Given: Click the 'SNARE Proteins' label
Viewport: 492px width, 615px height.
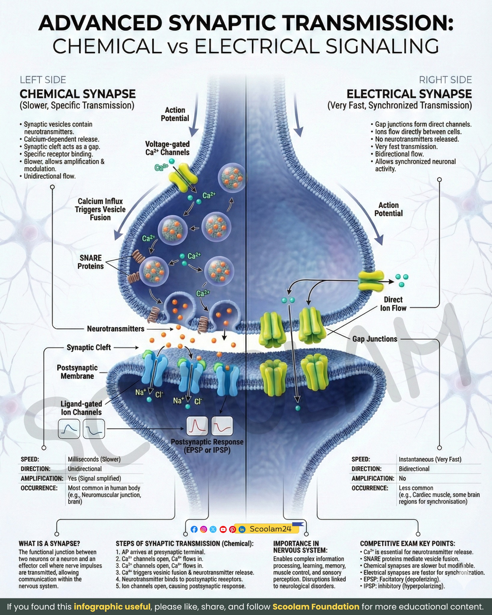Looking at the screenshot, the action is point(90,262).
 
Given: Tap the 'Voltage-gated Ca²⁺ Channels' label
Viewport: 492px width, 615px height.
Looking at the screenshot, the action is point(167,148).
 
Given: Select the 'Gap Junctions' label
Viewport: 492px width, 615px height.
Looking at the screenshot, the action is point(375,339).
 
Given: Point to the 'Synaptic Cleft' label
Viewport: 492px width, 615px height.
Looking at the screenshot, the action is point(89,347).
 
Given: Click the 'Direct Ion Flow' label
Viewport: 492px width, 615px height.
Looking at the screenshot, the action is point(393,304).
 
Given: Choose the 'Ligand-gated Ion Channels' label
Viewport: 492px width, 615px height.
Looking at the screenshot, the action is point(81,408).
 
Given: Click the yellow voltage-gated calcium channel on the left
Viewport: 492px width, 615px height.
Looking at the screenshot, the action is point(184,178).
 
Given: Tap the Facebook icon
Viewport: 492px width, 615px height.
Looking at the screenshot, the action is point(194,529).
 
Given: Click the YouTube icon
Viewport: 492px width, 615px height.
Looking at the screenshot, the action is point(223,529).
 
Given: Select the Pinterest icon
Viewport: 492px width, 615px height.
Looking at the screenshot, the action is point(232,529).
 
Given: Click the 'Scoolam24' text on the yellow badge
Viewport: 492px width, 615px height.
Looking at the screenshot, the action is point(271,529).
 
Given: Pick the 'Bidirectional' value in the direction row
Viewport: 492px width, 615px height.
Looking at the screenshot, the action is point(414,469).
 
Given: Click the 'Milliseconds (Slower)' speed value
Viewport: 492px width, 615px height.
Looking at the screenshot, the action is point(94,459).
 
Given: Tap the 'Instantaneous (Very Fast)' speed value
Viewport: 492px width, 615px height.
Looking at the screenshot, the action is point(430,459).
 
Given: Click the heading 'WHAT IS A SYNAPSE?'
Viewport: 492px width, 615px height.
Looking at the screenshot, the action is point(50,544).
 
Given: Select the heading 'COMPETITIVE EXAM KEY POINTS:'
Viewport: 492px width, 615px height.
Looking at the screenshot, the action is point(407,544).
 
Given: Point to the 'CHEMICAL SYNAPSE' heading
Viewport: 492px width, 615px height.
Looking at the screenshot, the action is point(77,94).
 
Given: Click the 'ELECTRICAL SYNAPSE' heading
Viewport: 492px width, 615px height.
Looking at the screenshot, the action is point(409,94).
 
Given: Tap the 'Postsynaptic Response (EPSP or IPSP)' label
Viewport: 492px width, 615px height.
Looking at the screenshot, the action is point(207,446).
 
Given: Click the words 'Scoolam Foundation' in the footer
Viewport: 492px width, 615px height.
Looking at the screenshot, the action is point(316,607).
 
